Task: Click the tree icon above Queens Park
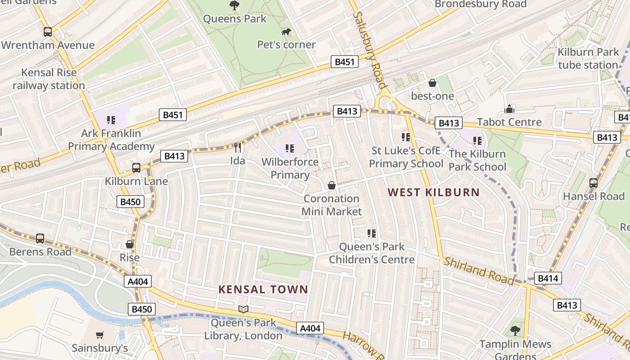coord(234,5)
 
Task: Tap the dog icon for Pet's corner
coord(286,31)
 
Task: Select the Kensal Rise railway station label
coord(49,79)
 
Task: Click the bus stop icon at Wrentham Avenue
coord(48,32)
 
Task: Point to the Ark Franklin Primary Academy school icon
coord(111,120)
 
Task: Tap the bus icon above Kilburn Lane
coord(136,168)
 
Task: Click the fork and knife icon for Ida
coord(238,147)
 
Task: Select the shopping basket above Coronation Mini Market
coord(332,185)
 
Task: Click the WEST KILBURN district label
coord(433,193)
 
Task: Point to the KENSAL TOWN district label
coord(263,289)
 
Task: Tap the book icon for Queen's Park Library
coord(243,309)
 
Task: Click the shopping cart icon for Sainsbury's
coord(100,335)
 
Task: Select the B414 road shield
coord(548,278)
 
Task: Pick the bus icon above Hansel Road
coord(594,183)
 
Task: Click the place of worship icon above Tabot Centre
coord(509,109)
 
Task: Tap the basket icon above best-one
coord(432,83)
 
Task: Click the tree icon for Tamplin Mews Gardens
coord(515,331)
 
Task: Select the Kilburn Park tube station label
coord(588,58)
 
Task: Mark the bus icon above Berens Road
coord(40,238)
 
